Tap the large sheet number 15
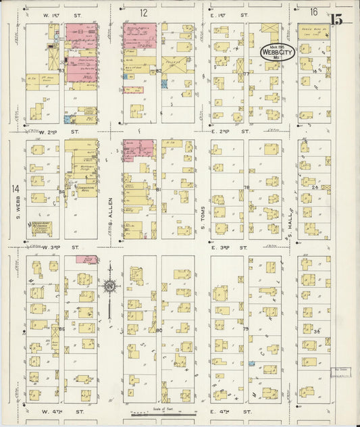pos(336,18)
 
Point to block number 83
pos(61,70)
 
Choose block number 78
pos(247,187)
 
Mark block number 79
pos(246,329)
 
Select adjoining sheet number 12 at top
pos(144,12)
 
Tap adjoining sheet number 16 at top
pos(313,12)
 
